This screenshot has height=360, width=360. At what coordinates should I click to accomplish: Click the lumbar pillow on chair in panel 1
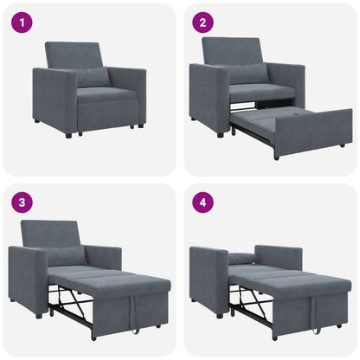coord(93,77)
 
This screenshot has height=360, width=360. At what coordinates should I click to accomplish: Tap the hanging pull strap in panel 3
coord(134,319)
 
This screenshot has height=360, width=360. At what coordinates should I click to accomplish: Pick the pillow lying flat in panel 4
coord(243,257)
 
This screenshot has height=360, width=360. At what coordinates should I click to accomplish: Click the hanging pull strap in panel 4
coord(314,319)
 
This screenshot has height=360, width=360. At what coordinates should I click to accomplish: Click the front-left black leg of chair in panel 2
coord(221,134)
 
